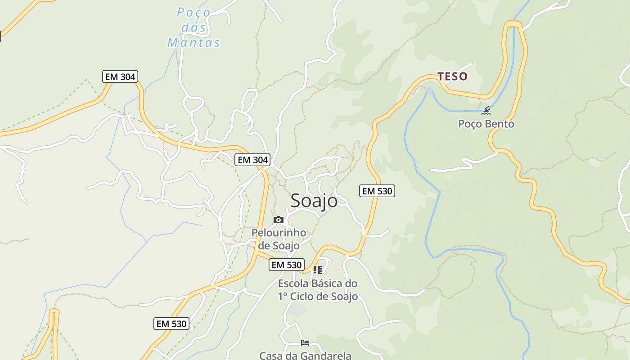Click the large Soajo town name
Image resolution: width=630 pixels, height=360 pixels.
coord(314,200)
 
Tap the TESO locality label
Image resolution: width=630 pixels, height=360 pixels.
coord(453,76)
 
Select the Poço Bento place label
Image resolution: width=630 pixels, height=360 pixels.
coord(486,124)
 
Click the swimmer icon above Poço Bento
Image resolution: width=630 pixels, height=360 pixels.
coord(486,110)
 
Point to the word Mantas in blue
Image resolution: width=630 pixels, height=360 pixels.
coord(193,43)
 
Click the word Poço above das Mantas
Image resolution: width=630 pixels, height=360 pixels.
coord(193,13)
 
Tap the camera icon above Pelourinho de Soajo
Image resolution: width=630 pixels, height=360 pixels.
coord(279,220)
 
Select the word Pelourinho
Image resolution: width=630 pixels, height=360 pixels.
coord(279,233)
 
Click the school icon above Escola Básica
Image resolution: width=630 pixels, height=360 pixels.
coord(317,270)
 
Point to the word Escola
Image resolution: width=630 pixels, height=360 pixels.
coord(293,283)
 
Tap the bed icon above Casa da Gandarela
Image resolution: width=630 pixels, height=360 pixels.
coord(305,343)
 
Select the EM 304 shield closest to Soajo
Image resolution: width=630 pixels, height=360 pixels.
coord(252,160)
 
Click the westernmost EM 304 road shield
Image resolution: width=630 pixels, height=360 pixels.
coord(120,76)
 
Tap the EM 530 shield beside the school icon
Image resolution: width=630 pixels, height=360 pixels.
coord(287,265)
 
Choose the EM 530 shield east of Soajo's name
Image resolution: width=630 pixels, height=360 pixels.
coord(377,191)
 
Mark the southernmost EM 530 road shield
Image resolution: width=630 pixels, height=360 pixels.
coord(171,323)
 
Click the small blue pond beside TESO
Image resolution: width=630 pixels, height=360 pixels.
coord(430,90)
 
